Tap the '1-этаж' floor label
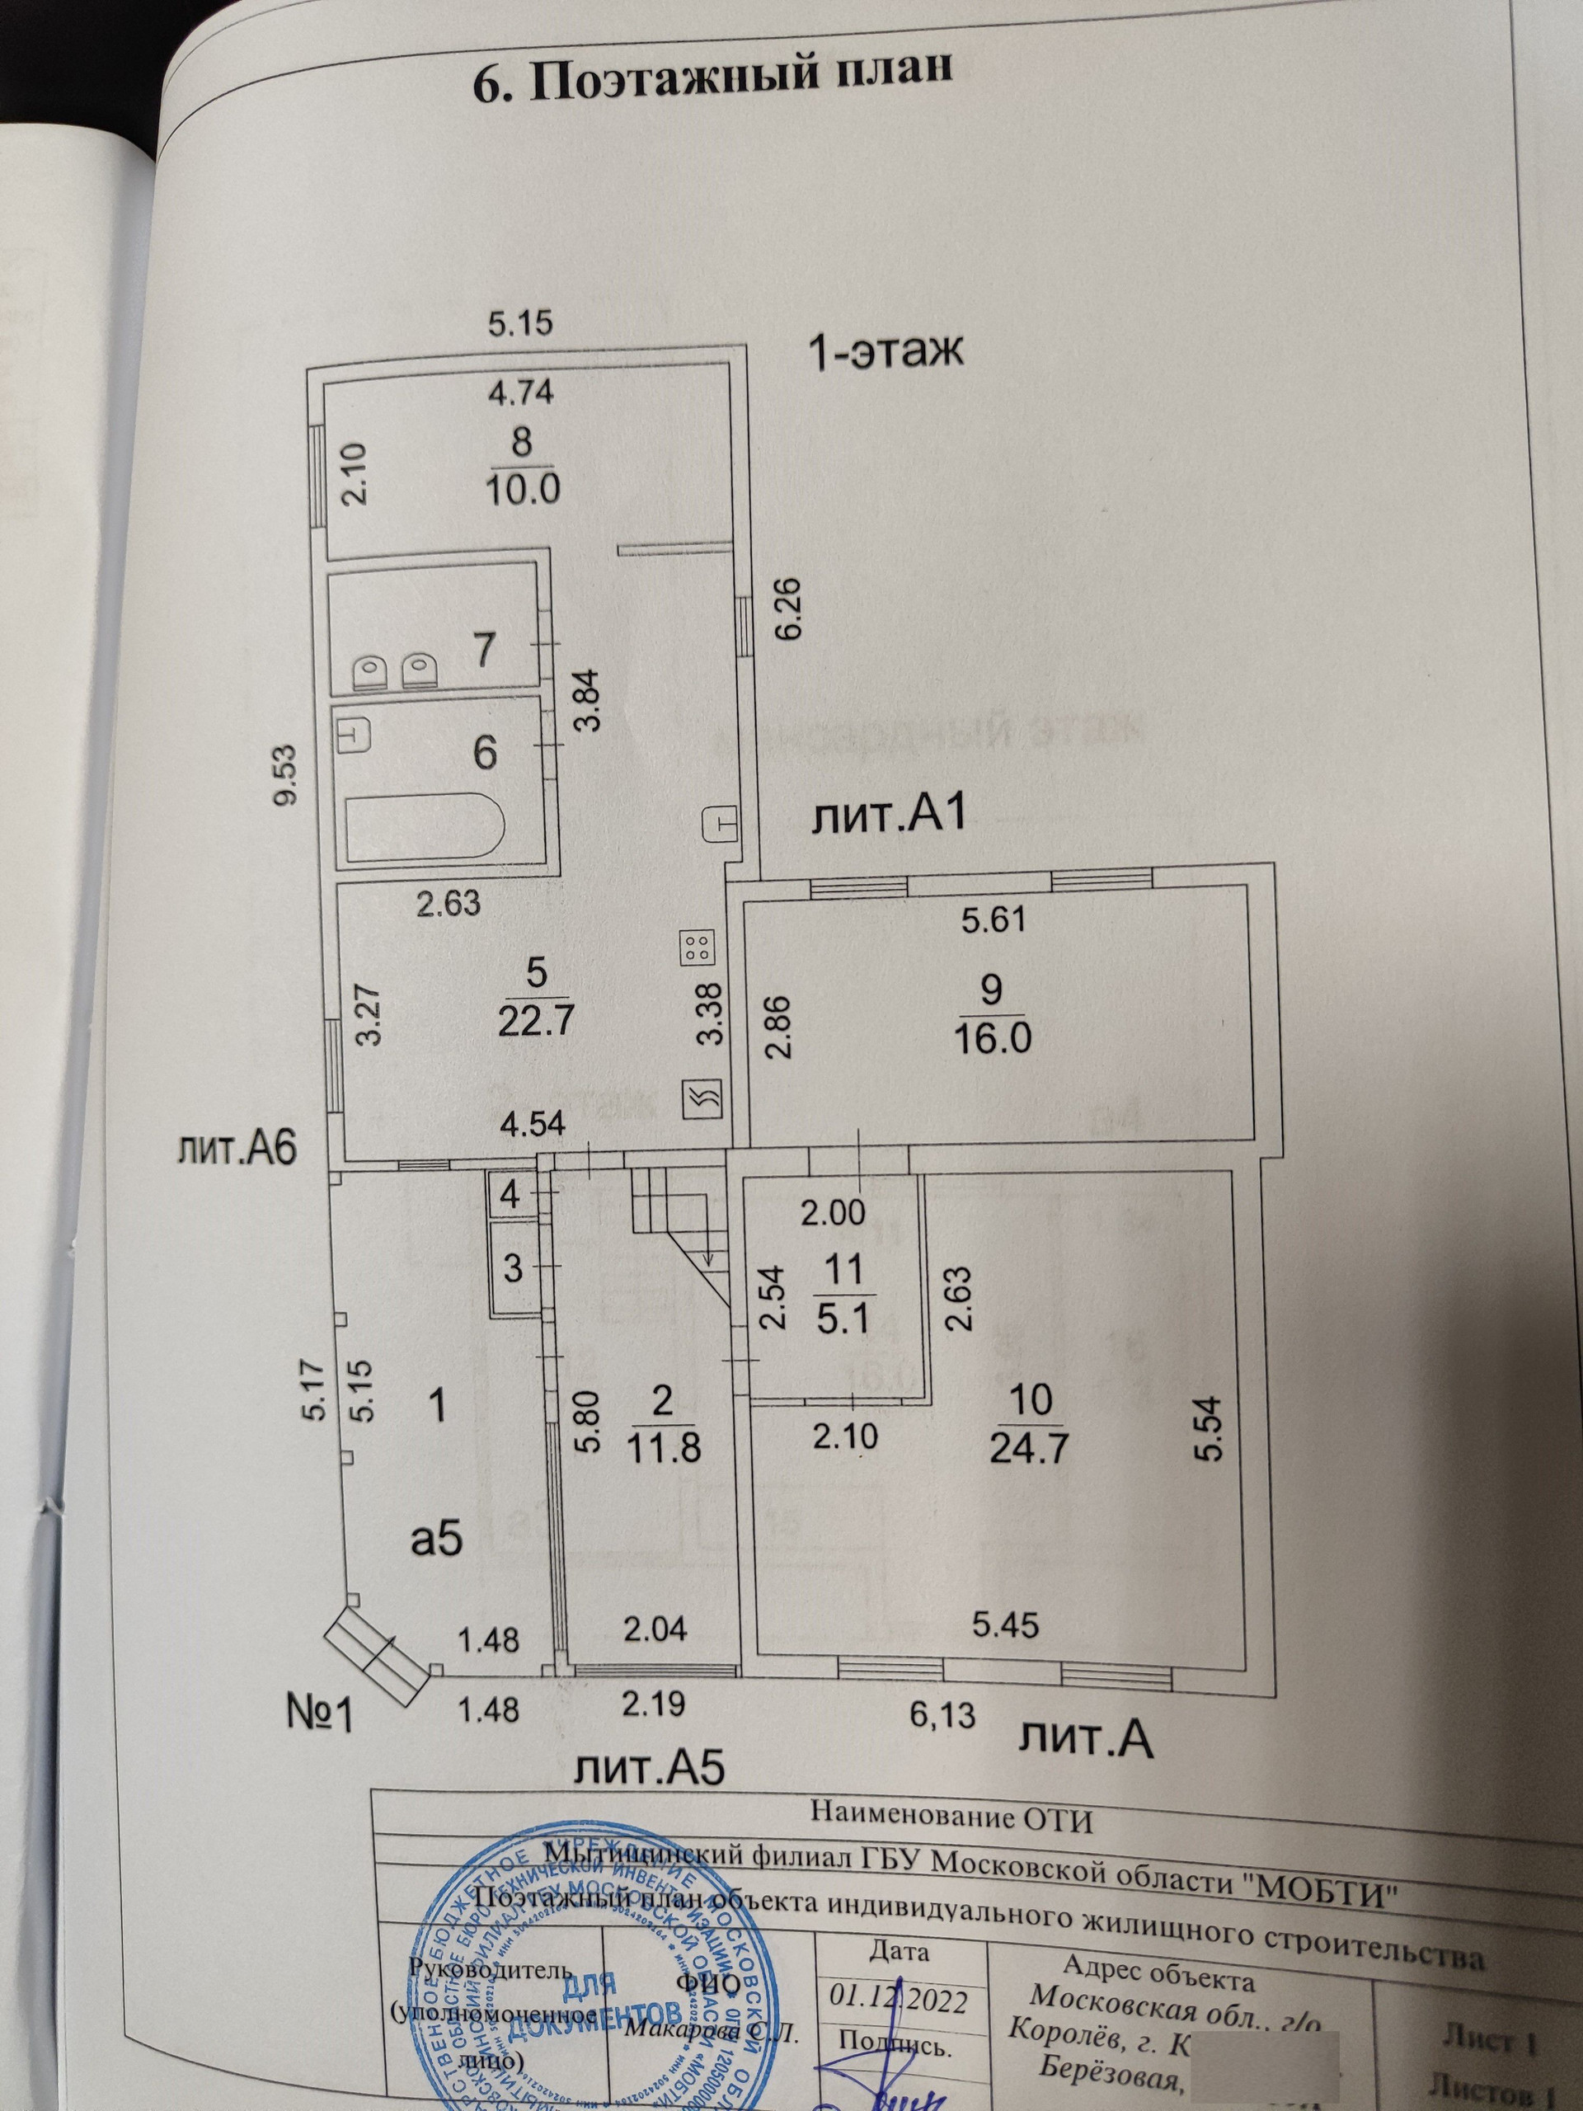click(885, 352)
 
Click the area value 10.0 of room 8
click(522, 489)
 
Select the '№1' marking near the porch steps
click(320, 1715)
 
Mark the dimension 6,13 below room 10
click(942, 1715)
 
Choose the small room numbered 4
click(510, 1195)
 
